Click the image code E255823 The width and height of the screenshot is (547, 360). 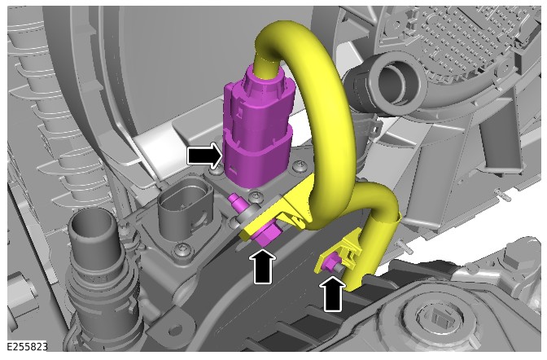tap(27, 347)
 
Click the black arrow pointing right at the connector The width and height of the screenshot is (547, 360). tap(204, 155)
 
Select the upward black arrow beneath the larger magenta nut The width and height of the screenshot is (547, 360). tap(263, 266)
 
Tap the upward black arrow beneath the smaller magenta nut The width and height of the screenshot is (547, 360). tap(332, 294)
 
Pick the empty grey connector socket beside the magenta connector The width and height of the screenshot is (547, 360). tap(185, 206)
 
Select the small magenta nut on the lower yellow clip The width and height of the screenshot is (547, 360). tap(330, 263)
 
